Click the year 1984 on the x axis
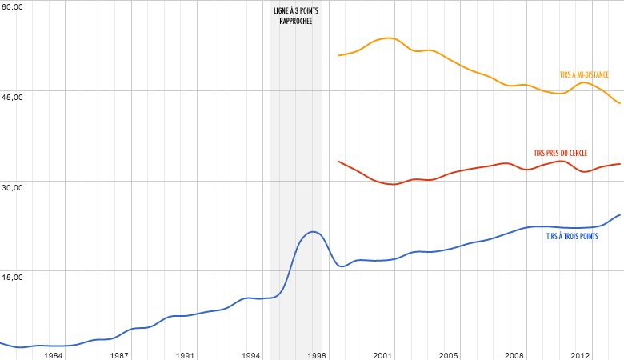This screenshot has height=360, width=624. click(x=54, y=354)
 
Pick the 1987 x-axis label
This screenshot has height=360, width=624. click(x=120, y=354)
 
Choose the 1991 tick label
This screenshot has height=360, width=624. click(x=186, y=354)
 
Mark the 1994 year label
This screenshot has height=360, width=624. click(x=251, y=354)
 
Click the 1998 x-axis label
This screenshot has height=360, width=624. click(x=317, y=354)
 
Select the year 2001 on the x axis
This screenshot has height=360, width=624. click(x=382, y=354)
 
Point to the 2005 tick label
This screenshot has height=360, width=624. click(x=448, y=354)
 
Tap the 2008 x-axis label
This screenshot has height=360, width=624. click(x=514, y=354)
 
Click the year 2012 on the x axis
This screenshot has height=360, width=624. click(x=580, y=354)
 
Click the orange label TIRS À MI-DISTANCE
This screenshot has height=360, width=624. click(x=584, y=74)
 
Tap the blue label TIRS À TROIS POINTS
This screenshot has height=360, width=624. click(x=572, y=238)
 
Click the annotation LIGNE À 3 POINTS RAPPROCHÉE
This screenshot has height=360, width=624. click(x=296, y=15)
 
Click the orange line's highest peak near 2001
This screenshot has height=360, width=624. click(x=387, y=38)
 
